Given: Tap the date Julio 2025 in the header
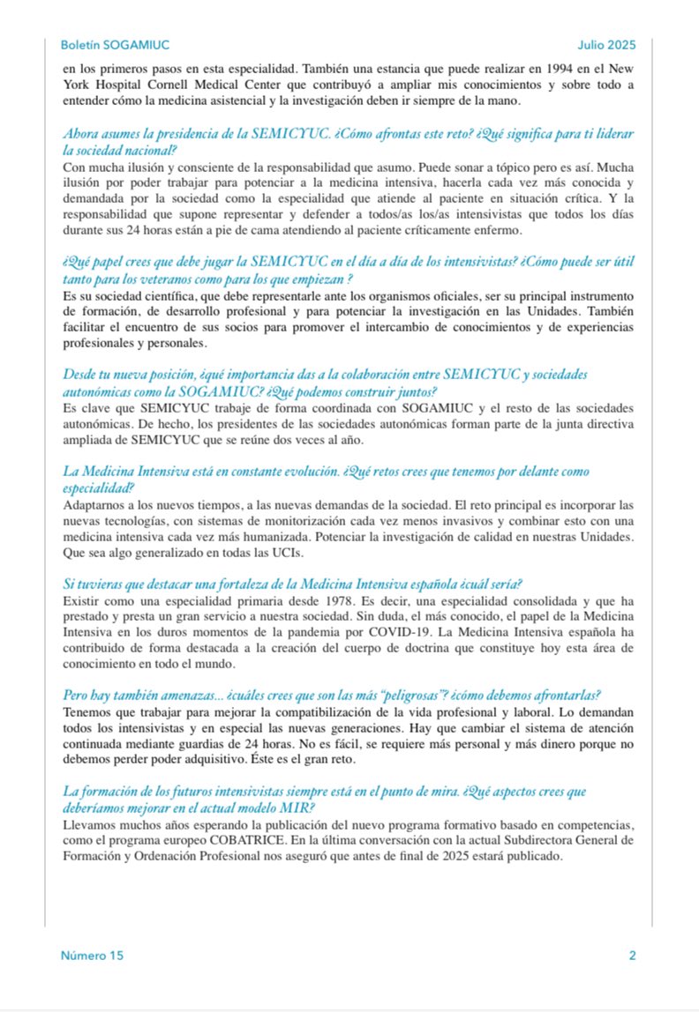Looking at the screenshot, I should tap(607, 45).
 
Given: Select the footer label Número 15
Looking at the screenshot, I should tap(92, 955).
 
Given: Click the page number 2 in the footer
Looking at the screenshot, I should tap(633, 955).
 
